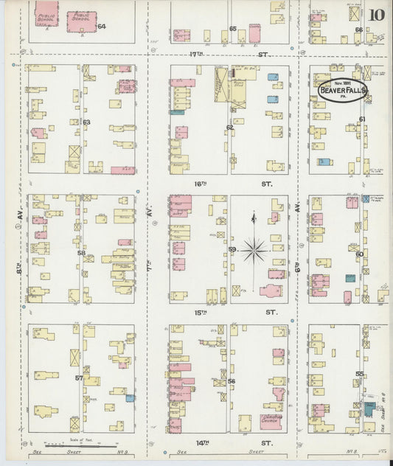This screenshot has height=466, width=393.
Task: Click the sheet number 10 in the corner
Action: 377,14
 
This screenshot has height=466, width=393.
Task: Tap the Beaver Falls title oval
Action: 343,91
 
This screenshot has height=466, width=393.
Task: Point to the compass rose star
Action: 254,250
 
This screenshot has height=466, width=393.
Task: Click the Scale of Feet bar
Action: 80,445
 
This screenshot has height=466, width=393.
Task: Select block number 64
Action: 102,27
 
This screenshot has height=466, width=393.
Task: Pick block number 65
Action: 233,29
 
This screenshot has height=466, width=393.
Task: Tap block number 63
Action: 86,122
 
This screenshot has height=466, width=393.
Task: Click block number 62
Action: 230,127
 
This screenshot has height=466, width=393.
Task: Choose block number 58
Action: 82,252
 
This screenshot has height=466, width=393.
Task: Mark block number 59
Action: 232,250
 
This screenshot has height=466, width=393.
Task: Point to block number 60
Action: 359,254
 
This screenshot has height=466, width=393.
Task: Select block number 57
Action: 78,378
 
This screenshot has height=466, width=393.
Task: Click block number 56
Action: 231,381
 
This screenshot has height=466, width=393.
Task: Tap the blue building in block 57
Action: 130,398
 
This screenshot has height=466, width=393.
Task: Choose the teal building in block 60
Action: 349,279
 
